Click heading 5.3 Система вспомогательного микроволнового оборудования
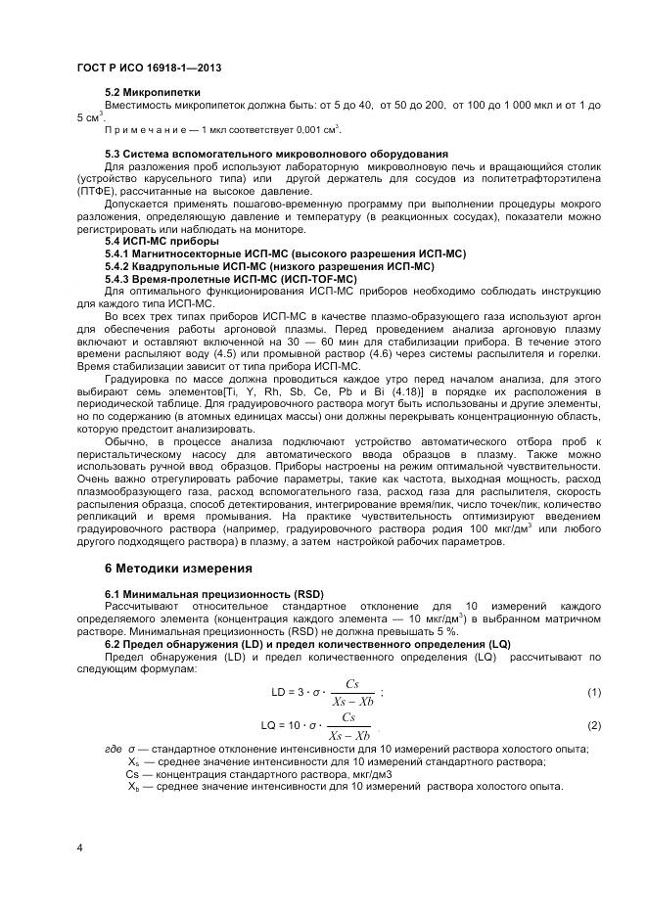point(276,155)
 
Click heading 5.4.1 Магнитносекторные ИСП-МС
point(285,253)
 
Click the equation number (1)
point(593,692)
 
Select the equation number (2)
point(593,725)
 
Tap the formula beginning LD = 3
point(324,692)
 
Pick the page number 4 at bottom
point(79,847)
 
